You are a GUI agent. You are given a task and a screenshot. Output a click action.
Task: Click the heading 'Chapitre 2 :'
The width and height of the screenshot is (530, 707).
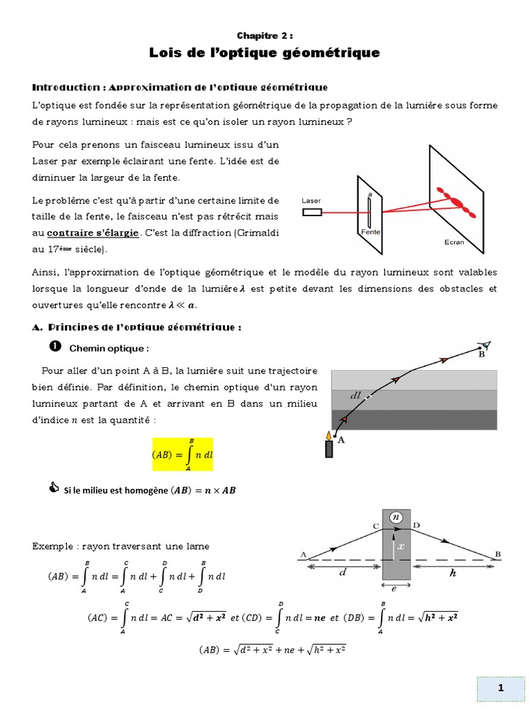(x=264, y=35)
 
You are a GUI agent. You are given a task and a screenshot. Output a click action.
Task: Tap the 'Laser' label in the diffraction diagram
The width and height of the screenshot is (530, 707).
(x=311, y=200)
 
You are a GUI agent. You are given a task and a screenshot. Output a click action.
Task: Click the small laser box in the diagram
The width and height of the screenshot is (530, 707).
(x=312, y=212)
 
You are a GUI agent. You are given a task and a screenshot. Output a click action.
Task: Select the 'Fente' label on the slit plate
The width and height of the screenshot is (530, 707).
(x=371, y=233)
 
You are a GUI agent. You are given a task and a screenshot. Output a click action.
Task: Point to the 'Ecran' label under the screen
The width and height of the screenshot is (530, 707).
(x=454, y=242)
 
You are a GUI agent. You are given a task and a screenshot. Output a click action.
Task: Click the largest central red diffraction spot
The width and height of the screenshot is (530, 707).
(x=455, y=200)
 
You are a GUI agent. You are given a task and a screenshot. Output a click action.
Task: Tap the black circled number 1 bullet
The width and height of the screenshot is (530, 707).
(x=56, y=346)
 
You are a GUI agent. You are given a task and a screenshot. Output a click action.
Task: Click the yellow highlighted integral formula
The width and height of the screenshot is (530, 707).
(x=182, y=454)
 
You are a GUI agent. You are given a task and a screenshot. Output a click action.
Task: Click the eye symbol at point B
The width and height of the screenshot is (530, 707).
(x=485, y=345)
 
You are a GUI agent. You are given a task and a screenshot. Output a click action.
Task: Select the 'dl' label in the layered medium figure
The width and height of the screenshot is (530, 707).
(x=355, y=396)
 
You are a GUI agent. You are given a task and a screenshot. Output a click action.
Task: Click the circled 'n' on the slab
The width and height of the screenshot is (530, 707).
(x=396, y=516)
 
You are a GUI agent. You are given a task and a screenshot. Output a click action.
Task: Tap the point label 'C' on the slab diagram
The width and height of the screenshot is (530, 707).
(x=376, y=526)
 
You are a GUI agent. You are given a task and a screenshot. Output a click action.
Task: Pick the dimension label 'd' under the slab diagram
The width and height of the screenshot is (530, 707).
(x=342, y=572)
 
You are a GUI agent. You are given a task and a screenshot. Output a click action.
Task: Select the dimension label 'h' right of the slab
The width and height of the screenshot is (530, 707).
(x=453, y=572)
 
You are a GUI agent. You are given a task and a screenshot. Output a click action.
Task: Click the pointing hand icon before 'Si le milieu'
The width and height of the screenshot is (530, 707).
(x=55, y=490)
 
